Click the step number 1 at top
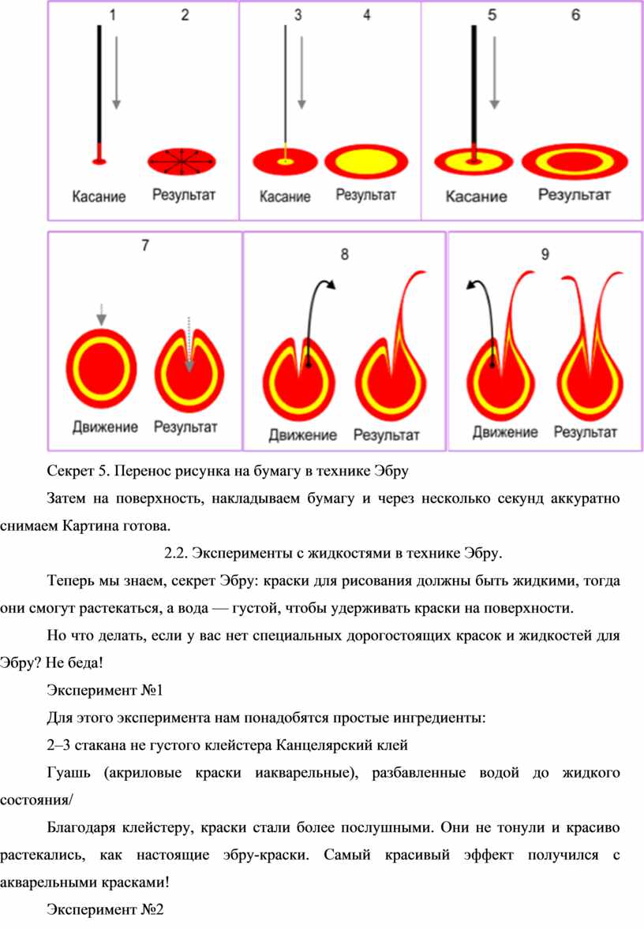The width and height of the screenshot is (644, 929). point(113,14)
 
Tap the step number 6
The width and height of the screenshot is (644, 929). point(575,15)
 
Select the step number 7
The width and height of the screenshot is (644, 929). point(145,245)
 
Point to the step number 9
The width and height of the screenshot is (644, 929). point(545,254)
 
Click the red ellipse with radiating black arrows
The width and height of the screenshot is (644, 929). point(182,161)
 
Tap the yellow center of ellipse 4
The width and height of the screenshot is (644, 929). point(366,161)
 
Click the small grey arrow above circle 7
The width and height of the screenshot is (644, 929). point(101,315)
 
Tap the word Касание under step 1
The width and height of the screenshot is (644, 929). point(99,196)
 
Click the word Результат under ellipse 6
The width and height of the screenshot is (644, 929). point(574,194)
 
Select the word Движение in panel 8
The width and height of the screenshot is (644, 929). point(302,435)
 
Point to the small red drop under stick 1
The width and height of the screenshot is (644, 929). point(99,161)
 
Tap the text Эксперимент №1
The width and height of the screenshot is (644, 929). point(104,690)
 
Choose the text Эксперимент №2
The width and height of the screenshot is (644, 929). point(105,909)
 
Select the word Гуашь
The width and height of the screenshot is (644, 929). point(69,773)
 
